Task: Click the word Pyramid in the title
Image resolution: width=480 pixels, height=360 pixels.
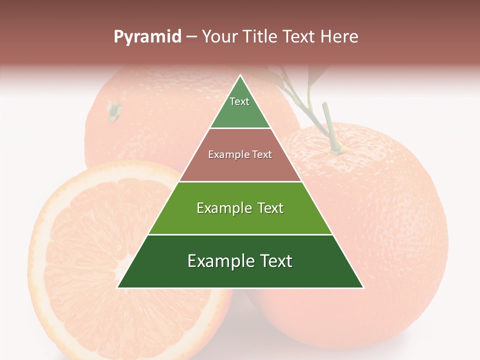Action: pos(147,36)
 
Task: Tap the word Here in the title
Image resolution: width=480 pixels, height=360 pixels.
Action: pos(339,36)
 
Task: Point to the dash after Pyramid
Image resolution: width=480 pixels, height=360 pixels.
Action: pos(191,37)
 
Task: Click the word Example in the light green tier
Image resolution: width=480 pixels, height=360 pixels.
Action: pos(222,208)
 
